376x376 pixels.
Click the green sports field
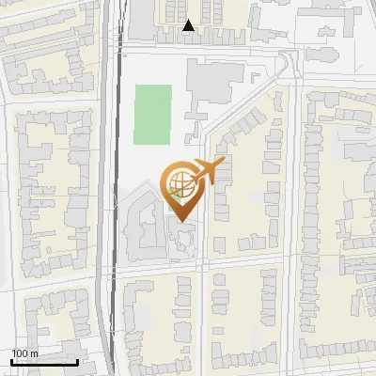coord(152,115)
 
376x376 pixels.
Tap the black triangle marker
coord(189,26)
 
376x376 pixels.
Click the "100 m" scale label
coord(24,353)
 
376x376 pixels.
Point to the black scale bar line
coord(44,362)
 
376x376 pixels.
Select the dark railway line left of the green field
coord(117,141)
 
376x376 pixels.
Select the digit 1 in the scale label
coord(14,353)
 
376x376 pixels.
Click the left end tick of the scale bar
coord(12,360)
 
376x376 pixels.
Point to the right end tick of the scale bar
coord(77,360)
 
